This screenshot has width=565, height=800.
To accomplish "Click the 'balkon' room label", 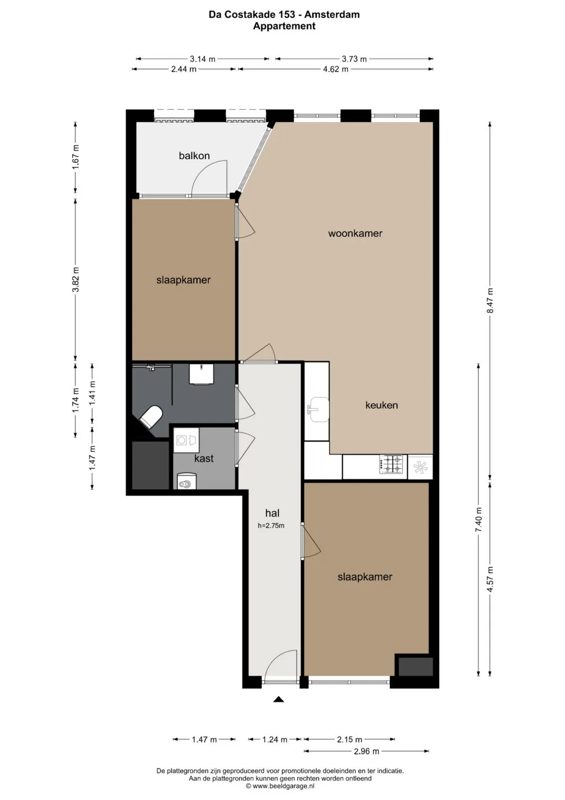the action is point(194,156).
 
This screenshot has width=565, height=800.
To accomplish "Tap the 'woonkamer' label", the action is point(355,233).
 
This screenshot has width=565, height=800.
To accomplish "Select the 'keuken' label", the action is point(381,405).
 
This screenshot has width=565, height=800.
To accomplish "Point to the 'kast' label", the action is point(204,458).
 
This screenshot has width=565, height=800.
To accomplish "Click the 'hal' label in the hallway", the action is point(272,513).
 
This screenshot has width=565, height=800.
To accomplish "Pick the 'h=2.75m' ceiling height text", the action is point(271,525).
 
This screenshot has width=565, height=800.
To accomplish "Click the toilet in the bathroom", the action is point(151,416).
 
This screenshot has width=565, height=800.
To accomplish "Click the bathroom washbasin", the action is point(201,374).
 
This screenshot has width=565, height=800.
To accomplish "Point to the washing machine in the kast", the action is point(186,441).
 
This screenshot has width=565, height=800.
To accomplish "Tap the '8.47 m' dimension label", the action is point(490,300).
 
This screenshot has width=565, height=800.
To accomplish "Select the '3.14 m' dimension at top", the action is point(202,59).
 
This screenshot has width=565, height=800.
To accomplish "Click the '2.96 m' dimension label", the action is point(366,751).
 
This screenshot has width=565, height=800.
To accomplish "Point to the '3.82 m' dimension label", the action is point(76,279).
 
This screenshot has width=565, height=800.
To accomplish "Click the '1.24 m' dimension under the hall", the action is point(275,739).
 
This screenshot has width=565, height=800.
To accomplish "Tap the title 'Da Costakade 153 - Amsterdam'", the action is point(284,15).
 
